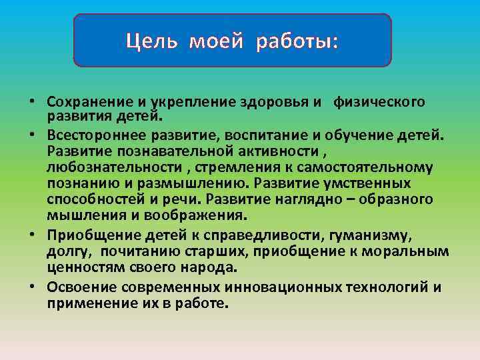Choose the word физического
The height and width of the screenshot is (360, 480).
point(379,103)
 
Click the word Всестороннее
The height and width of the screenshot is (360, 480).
point(87,137)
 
